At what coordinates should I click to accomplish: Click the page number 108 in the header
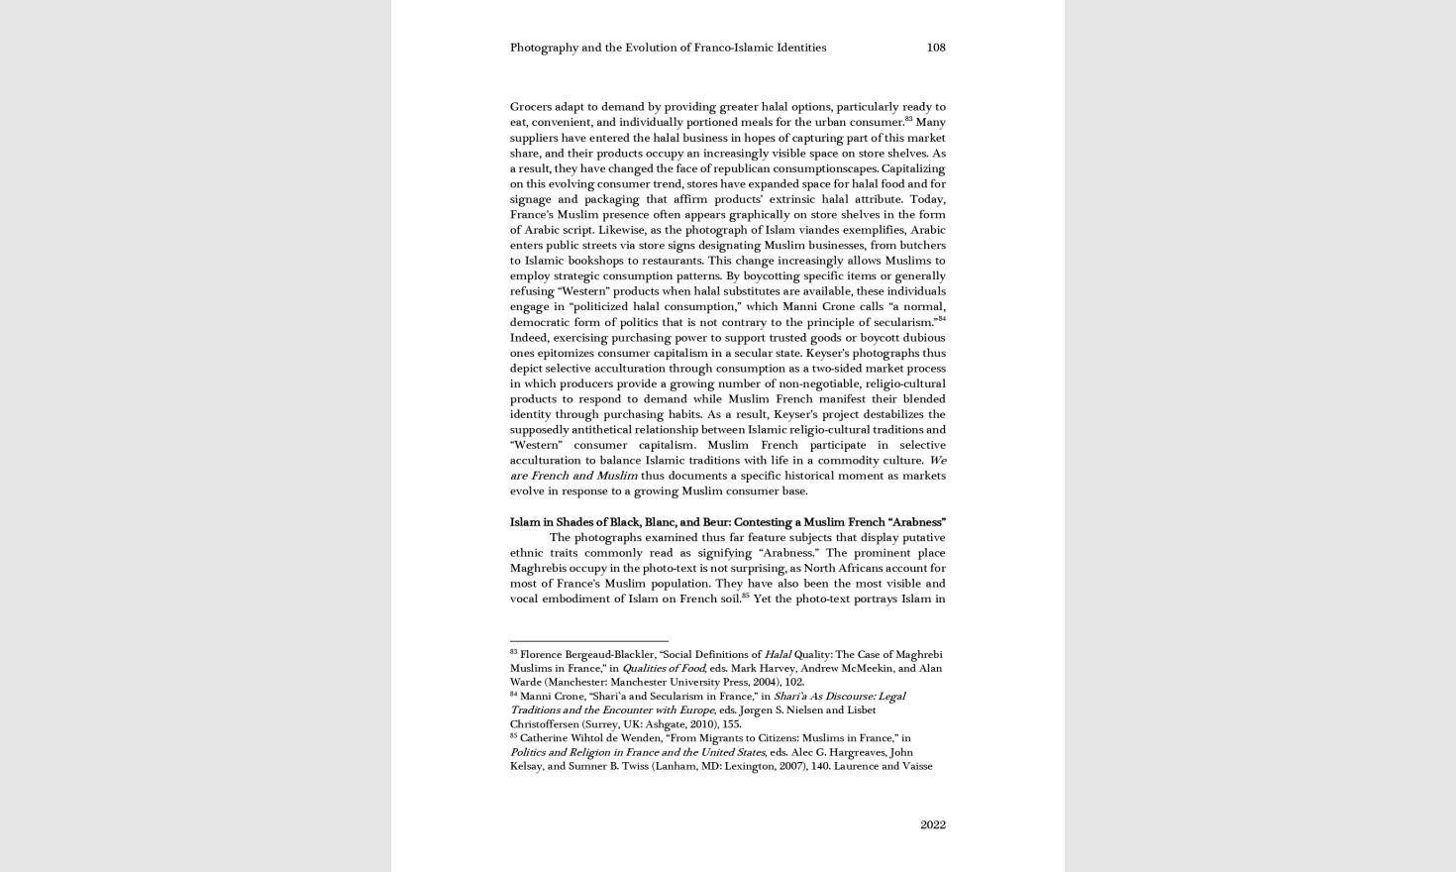point(935,48)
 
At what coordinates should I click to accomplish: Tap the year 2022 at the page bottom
point(932,824)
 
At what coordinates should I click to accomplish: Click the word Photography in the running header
point(544,48)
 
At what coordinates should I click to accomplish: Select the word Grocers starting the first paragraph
point(531,107)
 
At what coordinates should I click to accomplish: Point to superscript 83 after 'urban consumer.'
point(908,119)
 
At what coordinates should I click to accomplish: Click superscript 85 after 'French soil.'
point(745,596)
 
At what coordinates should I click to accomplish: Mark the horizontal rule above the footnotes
point(588,641)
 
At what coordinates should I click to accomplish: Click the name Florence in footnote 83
point(543,655)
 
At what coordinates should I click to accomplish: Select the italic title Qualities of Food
point(663,669)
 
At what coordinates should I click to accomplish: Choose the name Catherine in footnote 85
point(546,738)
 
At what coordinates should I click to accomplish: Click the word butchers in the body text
point(922,246)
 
